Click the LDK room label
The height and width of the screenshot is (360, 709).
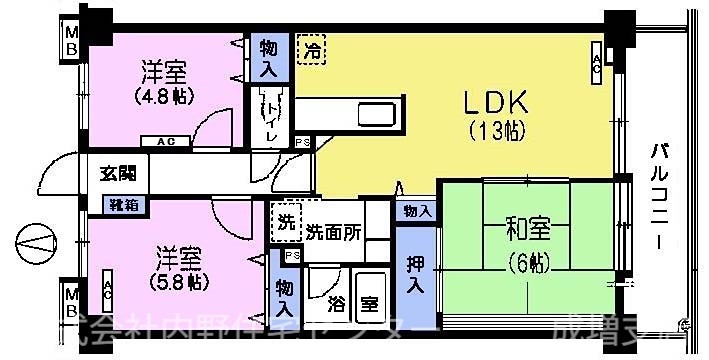click(x=494, y=102)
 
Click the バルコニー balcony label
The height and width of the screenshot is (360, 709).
click(x=661, y=198)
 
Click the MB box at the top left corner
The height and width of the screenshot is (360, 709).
click(x=71, y=43)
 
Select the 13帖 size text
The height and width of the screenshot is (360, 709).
click(x=494, y=130)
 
